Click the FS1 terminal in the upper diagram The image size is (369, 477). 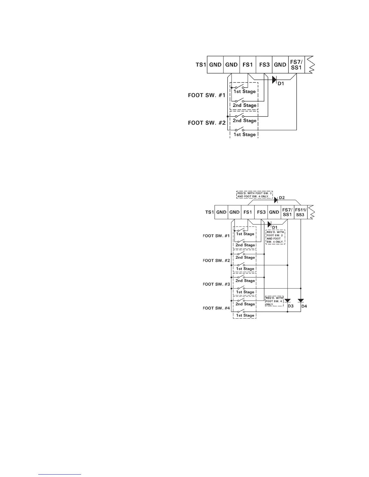[x=248, y=65]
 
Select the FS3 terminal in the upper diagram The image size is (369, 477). [x=264, y=65]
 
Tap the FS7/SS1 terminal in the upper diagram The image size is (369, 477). [x=296, y=65]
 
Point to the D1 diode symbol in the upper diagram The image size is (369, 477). [x=274, y=79]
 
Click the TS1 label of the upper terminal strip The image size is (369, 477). [x=201, y=65]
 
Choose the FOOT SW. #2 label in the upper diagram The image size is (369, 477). [x=207, y=123]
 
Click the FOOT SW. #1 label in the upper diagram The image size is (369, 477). [x=207, y=95]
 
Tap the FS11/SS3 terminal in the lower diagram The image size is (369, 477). [x=301, y=212]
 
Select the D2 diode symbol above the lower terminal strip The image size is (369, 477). [x=275, y=199]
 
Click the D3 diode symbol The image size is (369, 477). [x=288, y=301]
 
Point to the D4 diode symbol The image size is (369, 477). [x=301, y=301]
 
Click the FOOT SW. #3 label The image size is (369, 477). [x=216, y=284]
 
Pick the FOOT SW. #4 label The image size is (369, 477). [x=216, y=308]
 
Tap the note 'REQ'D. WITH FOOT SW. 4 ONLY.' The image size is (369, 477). [x=274, y=301]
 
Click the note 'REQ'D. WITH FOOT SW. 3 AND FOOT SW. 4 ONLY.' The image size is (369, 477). [x=254, y=195]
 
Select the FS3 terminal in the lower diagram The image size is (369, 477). [x=261, y=212]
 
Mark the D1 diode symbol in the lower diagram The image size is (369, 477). [x=270, y=224]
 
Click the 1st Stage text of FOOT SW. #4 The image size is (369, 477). [x=245, y=316]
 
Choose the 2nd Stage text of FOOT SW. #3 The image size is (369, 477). [x=245, y=281]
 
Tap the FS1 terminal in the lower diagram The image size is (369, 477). [x=248, y=212]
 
